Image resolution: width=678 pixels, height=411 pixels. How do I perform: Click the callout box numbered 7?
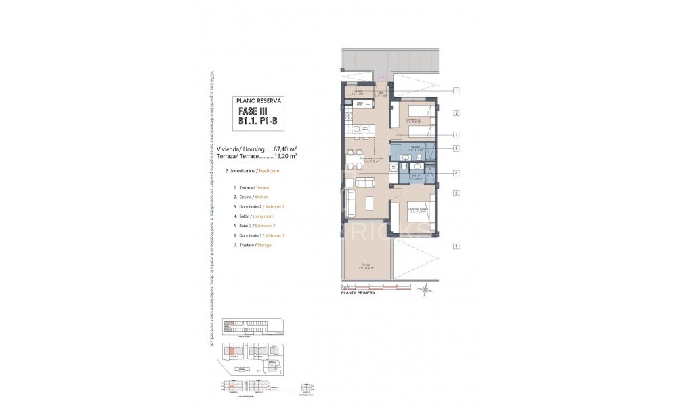click(x=457, y=91)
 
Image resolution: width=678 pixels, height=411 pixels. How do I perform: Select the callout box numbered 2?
click(x=457, y=113)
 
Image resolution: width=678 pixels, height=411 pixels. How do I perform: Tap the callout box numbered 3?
click(x=457, y=134)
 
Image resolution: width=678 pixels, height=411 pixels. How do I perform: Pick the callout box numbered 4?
click(x=457, y=172)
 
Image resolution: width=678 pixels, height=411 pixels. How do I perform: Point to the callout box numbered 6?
click(x=457, y=193)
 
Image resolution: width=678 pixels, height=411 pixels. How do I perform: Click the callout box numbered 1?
click(x=457, y=246)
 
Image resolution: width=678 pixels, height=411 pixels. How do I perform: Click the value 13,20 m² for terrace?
click(x=286, y=155)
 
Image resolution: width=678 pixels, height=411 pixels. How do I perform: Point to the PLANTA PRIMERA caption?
click(x=358, y=293)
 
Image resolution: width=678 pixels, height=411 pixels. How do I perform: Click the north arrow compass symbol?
click(x=424, y=291)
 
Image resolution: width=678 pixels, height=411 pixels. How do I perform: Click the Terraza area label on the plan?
click(x=366, y=266)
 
